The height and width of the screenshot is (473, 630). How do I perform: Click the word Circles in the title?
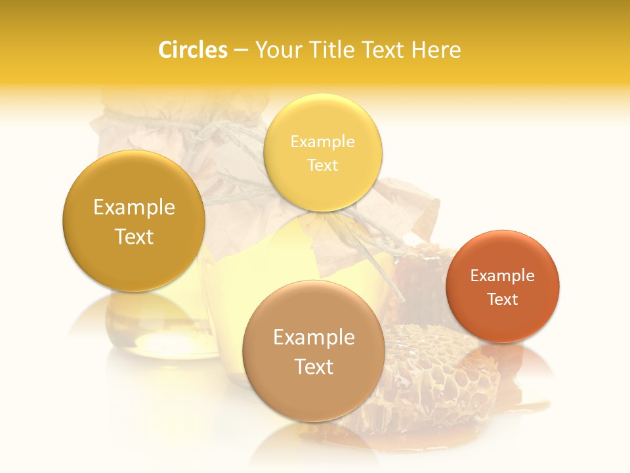click(192, 50)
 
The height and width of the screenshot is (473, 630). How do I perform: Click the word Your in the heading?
click(276, 50)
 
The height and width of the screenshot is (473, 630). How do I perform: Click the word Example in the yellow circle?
click(323, 141)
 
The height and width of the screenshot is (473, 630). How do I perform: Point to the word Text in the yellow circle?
click(323, 165)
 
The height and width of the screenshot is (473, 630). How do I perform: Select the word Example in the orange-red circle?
click(503, 276)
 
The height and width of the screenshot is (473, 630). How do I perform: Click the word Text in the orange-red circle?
click(503, 300)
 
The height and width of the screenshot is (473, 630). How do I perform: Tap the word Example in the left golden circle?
click(134, 208)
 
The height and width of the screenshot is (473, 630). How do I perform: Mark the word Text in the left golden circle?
click(134, 236)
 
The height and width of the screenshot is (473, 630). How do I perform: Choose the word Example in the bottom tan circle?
click(314, 338)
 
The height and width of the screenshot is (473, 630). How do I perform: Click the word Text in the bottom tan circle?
click(314, 367)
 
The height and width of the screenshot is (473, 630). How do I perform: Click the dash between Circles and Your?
click(241, 50)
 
